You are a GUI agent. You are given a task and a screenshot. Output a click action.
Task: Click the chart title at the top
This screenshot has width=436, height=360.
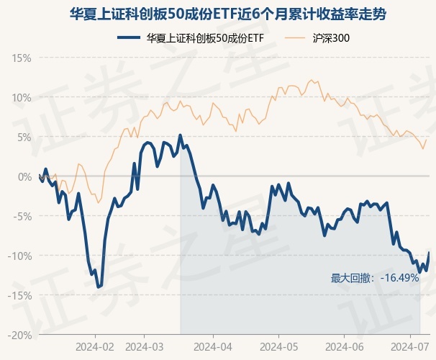coord(218,14)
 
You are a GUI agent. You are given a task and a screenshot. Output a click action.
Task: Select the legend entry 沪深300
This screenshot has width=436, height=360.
coord(332,37)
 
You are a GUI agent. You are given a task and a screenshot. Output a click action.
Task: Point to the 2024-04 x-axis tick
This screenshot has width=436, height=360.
coord(214,346)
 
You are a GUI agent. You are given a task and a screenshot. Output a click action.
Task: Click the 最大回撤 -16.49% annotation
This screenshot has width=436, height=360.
coord(374,278)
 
